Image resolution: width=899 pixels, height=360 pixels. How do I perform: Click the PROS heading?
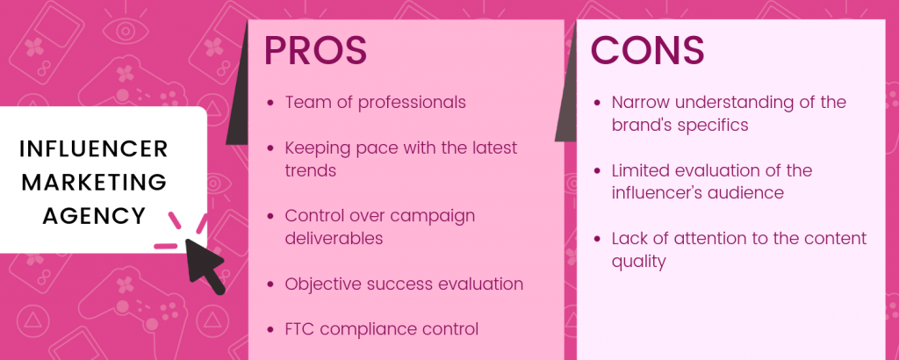point(315,50)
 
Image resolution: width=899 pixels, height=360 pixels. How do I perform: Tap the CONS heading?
point(647,50)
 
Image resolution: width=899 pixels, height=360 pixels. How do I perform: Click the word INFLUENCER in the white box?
point(93,149)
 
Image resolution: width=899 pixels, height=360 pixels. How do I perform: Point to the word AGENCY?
point(94,216)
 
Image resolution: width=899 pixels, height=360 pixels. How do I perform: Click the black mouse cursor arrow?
point(204,265)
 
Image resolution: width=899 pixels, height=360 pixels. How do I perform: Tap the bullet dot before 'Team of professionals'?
point(270,104)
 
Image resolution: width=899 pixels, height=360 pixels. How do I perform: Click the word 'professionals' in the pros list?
point(413,104)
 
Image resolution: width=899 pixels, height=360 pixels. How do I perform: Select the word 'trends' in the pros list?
point(310,170)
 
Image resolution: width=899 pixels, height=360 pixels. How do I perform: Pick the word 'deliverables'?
point(334,238)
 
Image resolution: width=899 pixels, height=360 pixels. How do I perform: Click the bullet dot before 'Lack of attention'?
point(597,239)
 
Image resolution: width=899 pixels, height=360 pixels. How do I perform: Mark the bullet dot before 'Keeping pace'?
point(270,148)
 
